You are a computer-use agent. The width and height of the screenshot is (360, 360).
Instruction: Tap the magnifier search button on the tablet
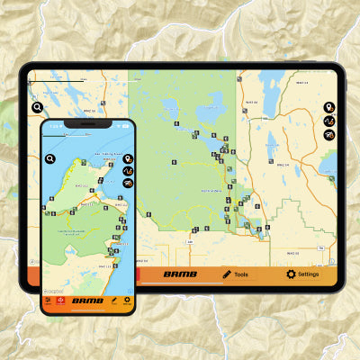point(38,107)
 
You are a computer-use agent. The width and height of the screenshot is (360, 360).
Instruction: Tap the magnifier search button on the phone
point(51,158)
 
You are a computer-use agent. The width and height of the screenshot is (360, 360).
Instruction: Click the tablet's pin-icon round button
point(329,108)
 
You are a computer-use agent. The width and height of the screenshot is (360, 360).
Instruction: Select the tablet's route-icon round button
point(329,121)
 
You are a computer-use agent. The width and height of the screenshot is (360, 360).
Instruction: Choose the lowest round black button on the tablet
point(329,135)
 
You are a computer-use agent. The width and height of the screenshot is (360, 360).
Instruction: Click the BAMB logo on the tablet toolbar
point(179,274)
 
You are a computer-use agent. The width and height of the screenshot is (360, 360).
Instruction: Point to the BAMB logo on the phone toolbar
point(87,301)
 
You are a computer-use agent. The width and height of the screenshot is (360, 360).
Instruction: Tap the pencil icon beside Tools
point(227,274)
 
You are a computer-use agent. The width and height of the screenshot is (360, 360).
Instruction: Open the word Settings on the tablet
point(309,274)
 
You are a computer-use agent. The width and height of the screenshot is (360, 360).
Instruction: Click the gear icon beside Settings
point(291,274)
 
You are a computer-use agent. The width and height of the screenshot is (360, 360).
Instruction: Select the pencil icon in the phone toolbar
point(113,301)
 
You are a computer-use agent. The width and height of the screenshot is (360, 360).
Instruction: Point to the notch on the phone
point(88,124)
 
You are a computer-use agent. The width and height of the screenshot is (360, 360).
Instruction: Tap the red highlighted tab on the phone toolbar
point(61,301)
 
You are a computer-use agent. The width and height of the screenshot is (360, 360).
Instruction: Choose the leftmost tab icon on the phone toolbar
point(49,301)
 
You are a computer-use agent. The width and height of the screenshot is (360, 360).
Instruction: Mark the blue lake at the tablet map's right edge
point(330,165)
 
